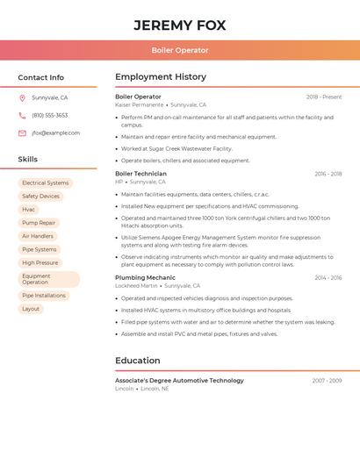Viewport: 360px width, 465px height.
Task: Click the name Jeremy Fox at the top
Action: [x=179, y=25]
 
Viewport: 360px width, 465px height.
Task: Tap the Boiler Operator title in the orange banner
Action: [x=179, y=50]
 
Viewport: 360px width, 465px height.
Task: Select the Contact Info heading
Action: [x=40, y=77]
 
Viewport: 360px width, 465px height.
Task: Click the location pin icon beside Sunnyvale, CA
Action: [x=22, y=98]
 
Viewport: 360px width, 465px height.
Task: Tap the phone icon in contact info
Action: [x=22, y=116]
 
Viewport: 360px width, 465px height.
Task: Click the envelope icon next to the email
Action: [x=22, y=133]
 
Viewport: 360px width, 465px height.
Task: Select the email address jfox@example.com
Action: [x=55, y=133]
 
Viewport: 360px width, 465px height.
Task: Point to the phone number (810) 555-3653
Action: [x=49, y=116]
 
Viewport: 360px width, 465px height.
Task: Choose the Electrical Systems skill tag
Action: [x=45, y=183]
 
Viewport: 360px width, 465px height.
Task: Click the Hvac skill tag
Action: [x=29, y=210]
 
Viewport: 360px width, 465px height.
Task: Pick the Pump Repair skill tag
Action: [x=39, y=223]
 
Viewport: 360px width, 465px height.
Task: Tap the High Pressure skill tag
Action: [x=40, y=262]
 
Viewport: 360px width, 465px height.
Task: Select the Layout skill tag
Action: [x=31, y=309]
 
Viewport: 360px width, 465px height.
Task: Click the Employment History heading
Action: [x=161, y=77]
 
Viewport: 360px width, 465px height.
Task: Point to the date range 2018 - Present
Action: [x=324, y=97]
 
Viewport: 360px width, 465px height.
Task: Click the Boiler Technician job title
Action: [x=140, y=174]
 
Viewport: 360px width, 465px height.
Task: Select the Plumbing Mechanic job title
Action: [x=145, y=277]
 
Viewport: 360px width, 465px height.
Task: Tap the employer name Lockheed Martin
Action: [x=136, y=286]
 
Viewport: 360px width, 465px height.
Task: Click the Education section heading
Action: [x=138, y=361]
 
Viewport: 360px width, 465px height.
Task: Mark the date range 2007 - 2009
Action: [x=327, y=381]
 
